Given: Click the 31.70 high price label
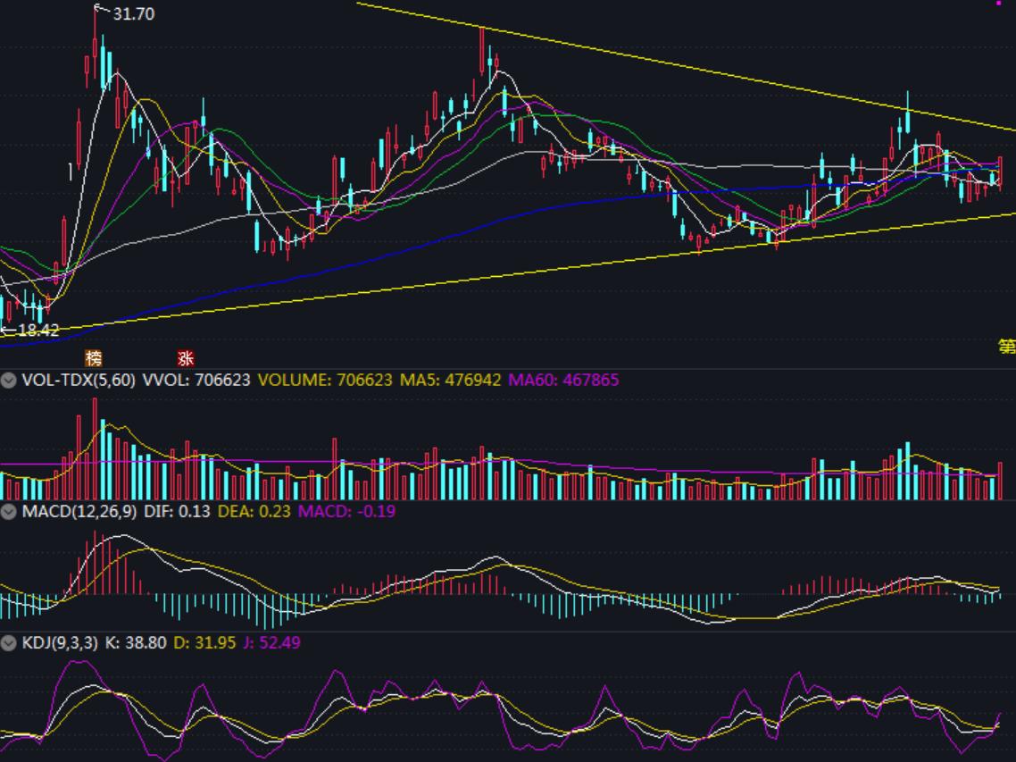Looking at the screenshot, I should point(133,14).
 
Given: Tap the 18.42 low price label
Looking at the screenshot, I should point(38,330).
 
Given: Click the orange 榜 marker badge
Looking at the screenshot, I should point(94,358).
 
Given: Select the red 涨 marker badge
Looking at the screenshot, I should point(186,358).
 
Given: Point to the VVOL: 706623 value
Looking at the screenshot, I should point(196,380).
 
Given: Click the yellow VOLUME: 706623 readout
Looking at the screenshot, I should point(325,380).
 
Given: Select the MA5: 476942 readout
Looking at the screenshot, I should point(450,380).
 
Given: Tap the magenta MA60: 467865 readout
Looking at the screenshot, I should point(563,380).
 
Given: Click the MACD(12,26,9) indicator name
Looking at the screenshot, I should point(79,511).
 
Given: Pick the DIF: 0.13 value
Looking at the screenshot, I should point(178,511).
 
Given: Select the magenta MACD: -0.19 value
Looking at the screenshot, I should point(346,511).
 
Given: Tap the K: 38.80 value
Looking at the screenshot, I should point(135,642).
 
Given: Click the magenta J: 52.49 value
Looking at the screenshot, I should point(271,642).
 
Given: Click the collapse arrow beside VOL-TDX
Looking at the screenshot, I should point(9,381).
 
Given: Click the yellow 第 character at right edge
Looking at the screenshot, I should point(1007,347).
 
